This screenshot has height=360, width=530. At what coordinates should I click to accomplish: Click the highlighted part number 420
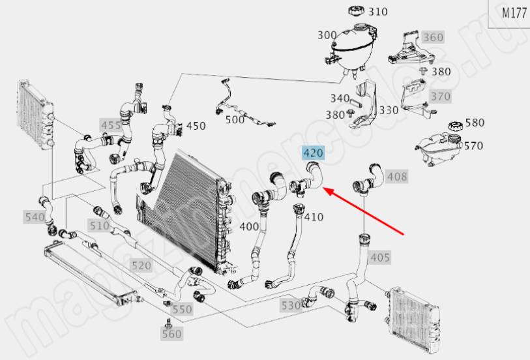[313, 154]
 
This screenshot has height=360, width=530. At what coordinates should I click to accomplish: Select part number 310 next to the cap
[378, 12]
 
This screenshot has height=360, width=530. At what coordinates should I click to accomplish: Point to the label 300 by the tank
[327, 35]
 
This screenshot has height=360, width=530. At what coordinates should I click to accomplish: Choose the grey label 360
[432, 37]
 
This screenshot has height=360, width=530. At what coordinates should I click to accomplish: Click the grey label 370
[440, 97]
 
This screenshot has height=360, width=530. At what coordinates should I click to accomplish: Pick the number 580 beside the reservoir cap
[475, 122]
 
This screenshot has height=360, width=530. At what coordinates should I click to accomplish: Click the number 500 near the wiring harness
[235, 119]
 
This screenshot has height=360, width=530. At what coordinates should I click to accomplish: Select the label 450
[196, 126]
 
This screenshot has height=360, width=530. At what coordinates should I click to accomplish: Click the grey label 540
[34, 217]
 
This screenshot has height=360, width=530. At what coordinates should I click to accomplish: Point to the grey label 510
[99, 226]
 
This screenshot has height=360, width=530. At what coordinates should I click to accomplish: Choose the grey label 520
[141, 265]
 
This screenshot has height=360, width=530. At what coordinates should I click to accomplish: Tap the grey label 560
[172, 335]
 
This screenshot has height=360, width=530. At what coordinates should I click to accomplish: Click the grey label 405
[380, 258]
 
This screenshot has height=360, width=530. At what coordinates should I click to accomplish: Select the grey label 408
[397, 176]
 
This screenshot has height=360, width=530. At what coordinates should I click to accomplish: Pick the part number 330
[389, 110]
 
